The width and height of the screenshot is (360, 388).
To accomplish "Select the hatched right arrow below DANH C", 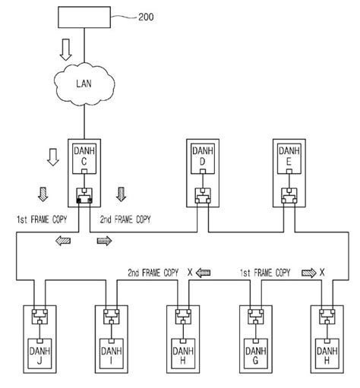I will pos(103,240).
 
